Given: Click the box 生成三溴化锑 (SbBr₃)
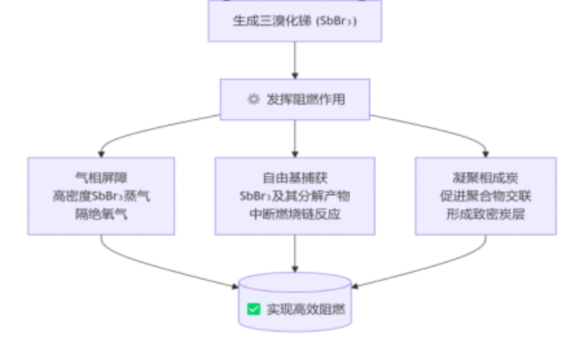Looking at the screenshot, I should [295, 21].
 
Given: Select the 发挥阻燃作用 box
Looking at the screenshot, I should [295, 99].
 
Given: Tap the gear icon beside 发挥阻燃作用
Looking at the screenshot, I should [252, 99].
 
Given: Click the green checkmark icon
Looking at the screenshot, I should [253, 309].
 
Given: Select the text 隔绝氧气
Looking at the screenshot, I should [101, 214].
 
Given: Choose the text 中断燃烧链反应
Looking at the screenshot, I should [295, 214].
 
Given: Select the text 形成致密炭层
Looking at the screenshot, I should [485, 214].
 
